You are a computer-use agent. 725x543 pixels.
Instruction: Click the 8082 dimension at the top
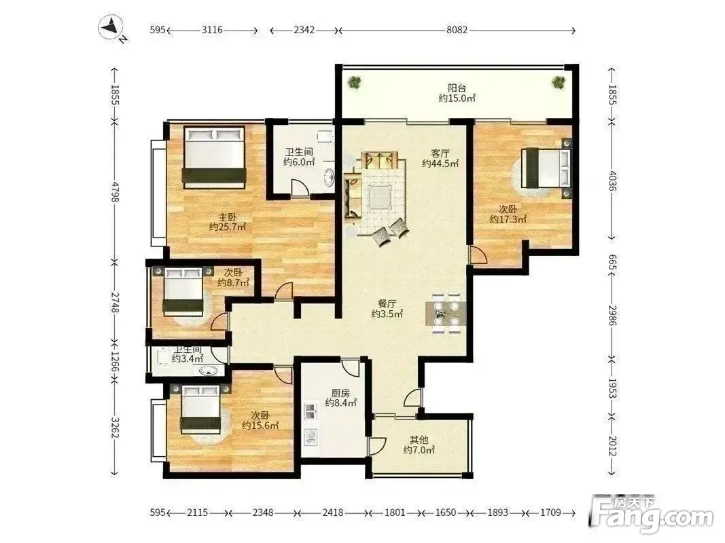coord(457,30)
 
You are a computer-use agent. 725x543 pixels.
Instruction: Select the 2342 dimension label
coord(304,30)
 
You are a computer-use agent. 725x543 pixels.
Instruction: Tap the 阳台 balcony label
coord(457,88)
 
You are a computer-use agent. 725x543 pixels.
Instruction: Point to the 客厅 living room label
coord(440,153)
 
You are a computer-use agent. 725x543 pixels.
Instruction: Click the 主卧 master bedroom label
coord(227,217)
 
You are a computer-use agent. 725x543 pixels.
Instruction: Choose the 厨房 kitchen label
coord(340,393)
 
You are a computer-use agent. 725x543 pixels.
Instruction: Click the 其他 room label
coord(419,440)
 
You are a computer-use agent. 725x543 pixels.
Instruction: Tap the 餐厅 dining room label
coord(387,304)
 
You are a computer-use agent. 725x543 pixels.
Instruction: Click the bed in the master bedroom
coord(214,157)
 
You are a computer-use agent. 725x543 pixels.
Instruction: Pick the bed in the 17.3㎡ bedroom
coord(546,168)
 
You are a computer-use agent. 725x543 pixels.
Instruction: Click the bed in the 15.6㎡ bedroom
coord(200,409)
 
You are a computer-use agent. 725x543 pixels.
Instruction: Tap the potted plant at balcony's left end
coord(355,83)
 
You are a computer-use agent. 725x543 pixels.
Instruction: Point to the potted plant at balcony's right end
coord(559,83)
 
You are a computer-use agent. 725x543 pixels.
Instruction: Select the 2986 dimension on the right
coord(612,315)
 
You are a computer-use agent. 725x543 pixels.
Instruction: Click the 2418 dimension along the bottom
coord(333,512)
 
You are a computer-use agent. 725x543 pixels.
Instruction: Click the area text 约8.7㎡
coord(234,282)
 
